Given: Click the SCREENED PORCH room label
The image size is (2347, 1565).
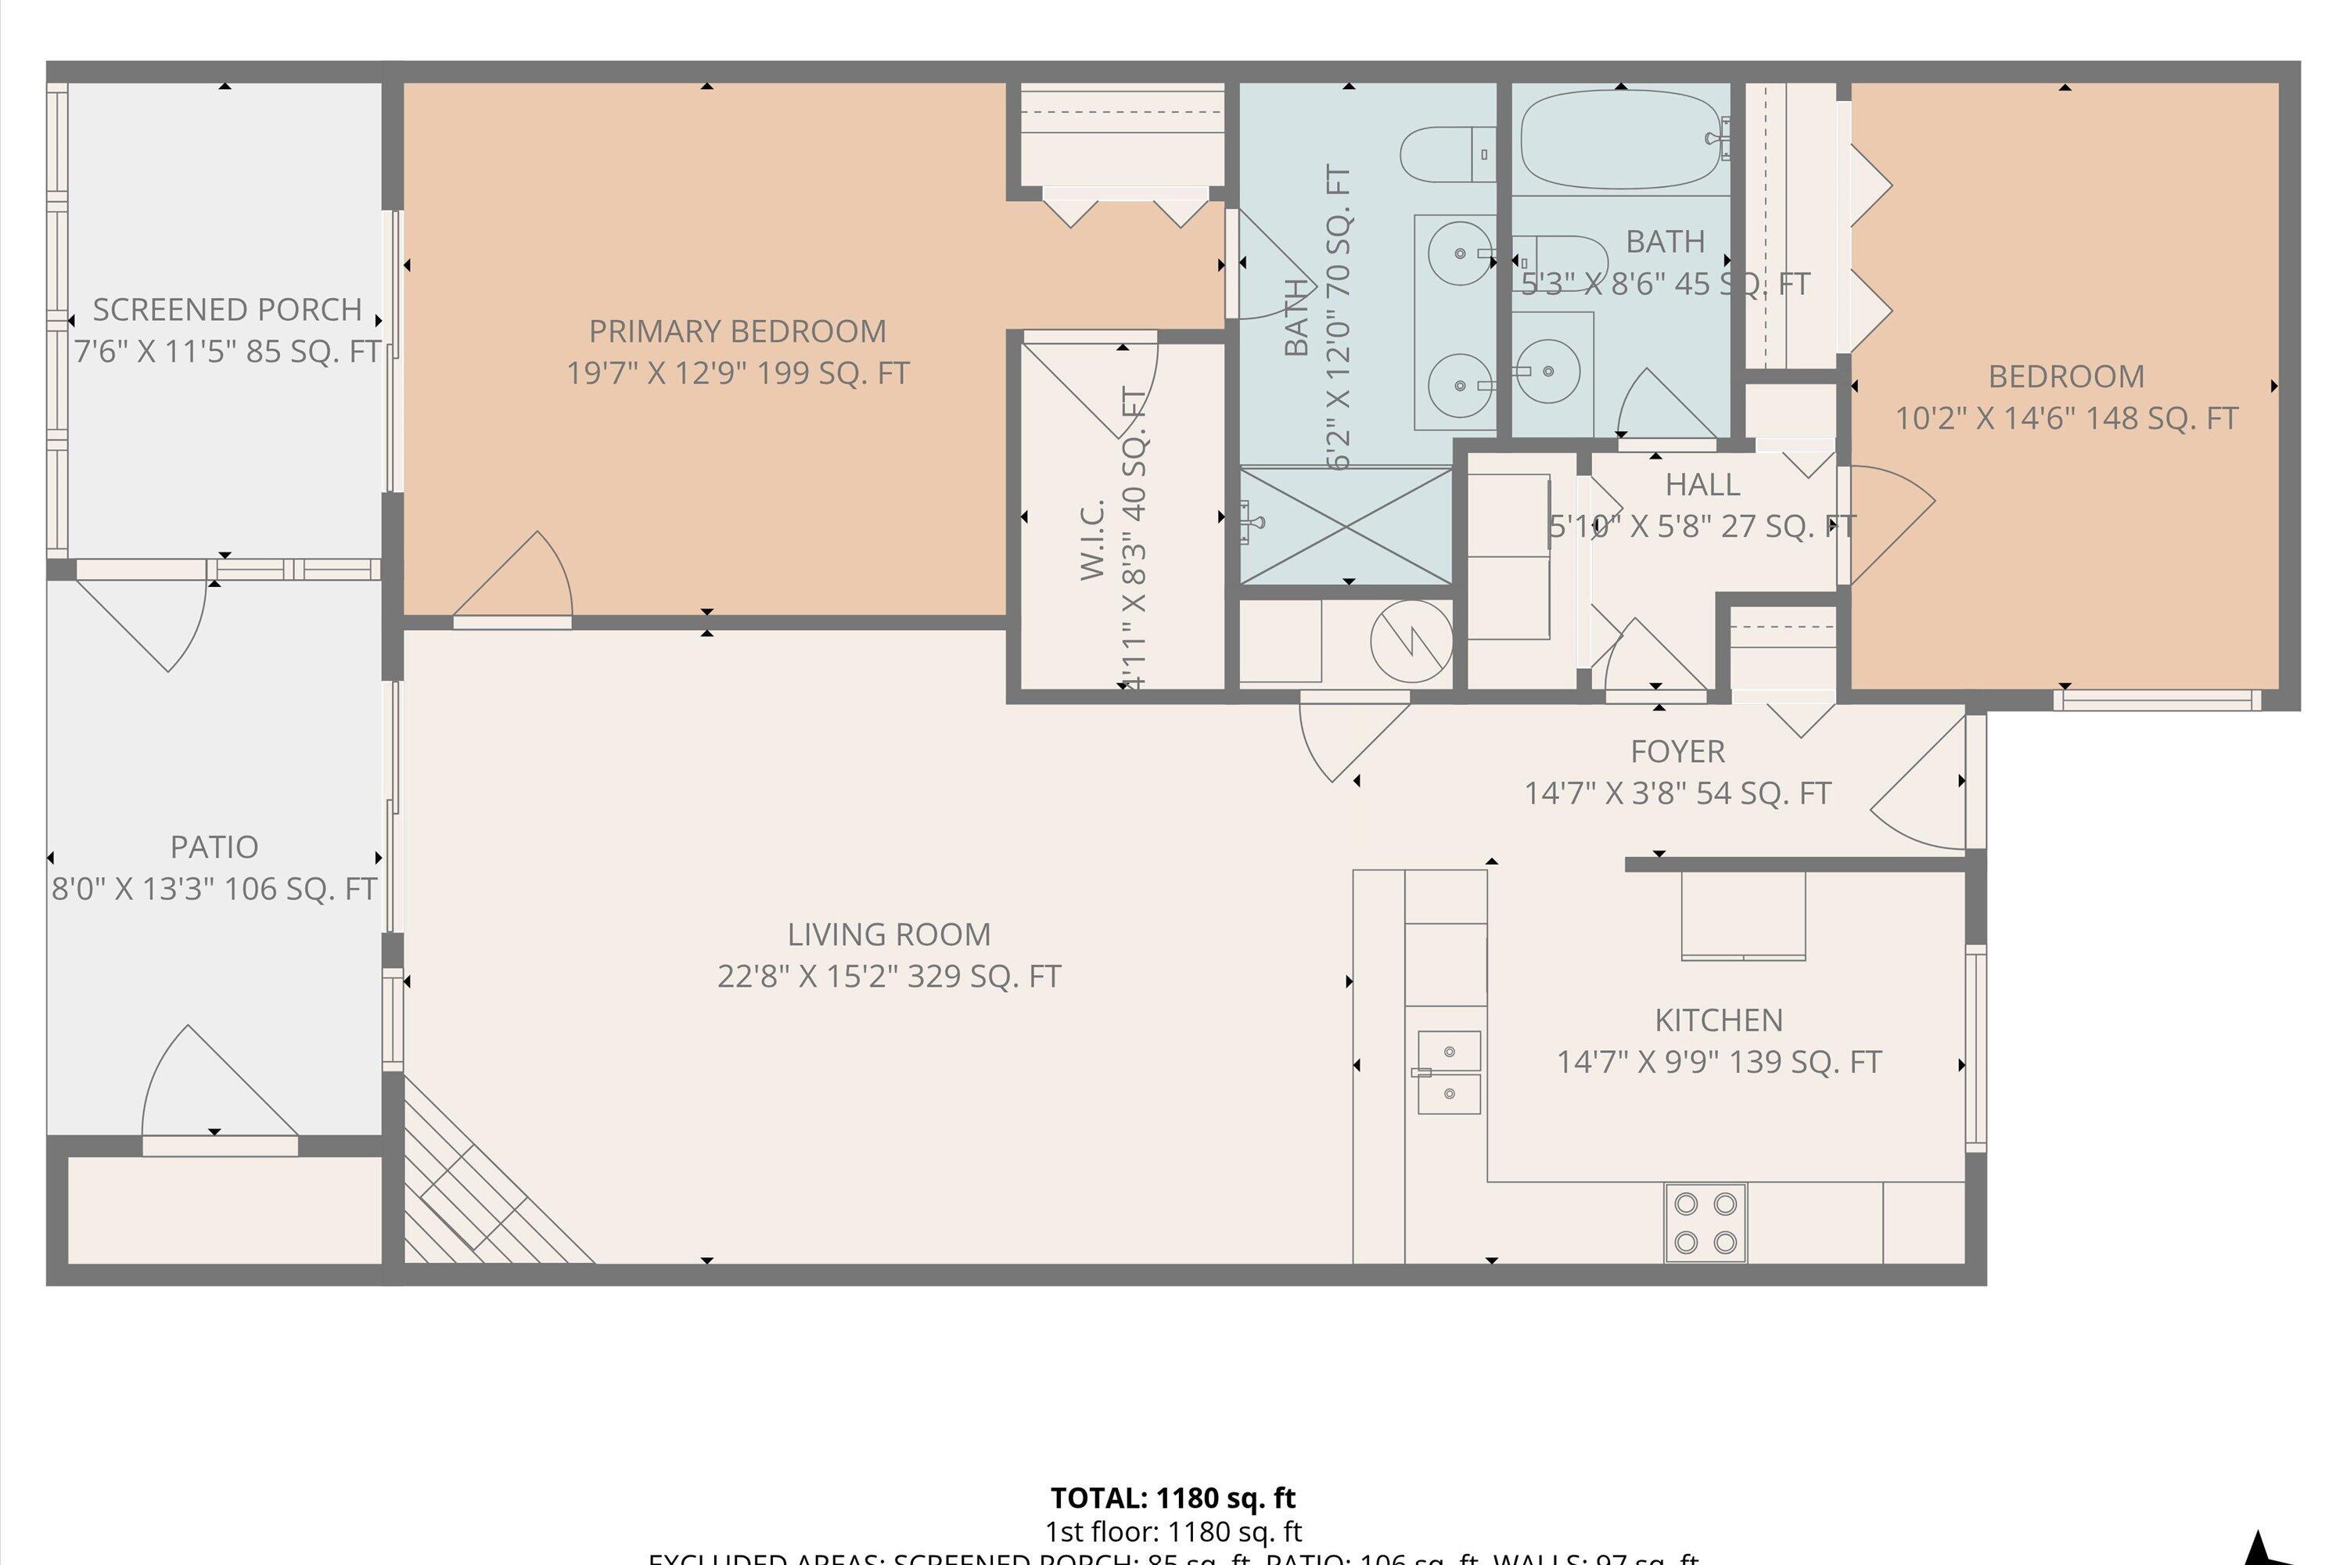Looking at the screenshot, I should pyautogui.click(x=227, y=309).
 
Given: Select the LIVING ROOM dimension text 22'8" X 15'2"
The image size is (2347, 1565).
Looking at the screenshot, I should pyautogui.click(x=888, y=976).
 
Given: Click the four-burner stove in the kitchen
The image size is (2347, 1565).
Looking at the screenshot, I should pyautogui.click(x=1705, y=1222).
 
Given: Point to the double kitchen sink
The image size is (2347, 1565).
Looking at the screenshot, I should pyautogui.click(x=1448, y=1073).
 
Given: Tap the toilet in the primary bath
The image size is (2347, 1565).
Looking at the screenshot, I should pyautogui.click(x=1446, y=155).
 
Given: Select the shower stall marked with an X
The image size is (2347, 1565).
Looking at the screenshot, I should pyautogui.click(x=1344, y=525).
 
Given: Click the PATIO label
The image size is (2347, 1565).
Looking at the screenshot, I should pyautogui.click(x=214, y=847).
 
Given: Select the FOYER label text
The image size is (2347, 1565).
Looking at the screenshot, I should pyautogui.click(x=1677, y=750).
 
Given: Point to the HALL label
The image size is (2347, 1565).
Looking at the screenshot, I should pyautogui.click(x=1702, y=485).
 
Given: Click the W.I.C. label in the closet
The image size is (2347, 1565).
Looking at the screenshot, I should pyautogui.click(x=1093, y=539).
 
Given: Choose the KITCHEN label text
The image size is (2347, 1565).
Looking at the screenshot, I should pyautogui.click(x=1717, y=1020).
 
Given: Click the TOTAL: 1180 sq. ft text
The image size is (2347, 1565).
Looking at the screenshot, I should pyautogui.click(x=1173, y=1498).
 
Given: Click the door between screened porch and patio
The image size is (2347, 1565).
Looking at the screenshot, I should pyautogui.click(x=149, y=619).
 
